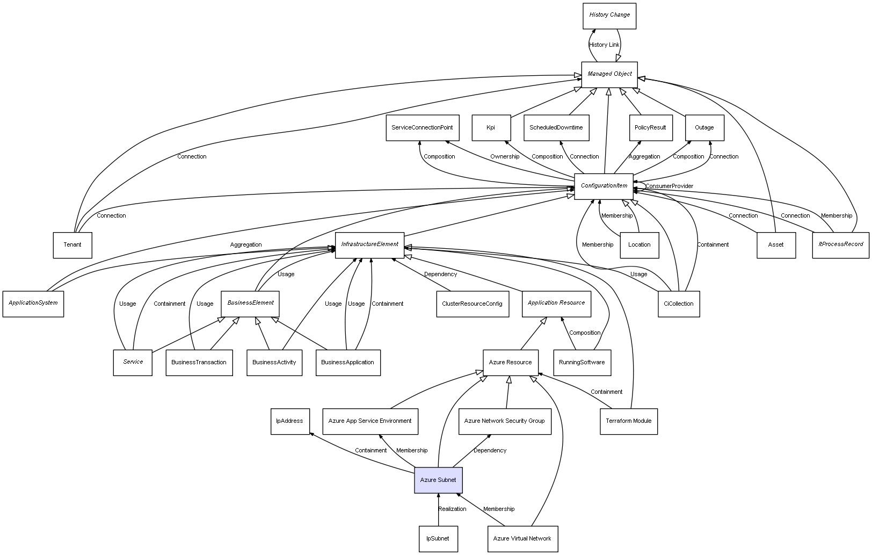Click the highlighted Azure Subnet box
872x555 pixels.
tap(438, 480)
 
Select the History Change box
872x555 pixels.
tap(609, 15)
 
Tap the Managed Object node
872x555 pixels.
tap(609, 74)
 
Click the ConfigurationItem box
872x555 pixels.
tap(604, 186)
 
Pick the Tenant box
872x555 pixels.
tap(72, 245)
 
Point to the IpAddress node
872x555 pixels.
tap(289, 421)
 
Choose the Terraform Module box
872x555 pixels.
tap(628, 421)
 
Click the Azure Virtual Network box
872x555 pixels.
tap(522, 538)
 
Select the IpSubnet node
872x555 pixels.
tap(438, 538)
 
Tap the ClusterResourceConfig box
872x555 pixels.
tap(472, 304)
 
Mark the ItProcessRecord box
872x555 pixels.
tap(840, 244)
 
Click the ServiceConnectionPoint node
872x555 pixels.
tap(422, 128)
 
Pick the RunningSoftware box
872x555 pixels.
tap(582, 363)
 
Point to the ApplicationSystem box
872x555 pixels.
tap(33, 303)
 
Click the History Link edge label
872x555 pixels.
tap(604, 45)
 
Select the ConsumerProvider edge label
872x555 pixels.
tap(669, 186)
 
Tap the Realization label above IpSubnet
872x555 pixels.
tap(452, 509)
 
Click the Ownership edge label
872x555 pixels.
tap(505, 157)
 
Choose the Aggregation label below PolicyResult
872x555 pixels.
tap(644, 157)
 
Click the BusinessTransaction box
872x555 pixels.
tap(199, 363)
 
